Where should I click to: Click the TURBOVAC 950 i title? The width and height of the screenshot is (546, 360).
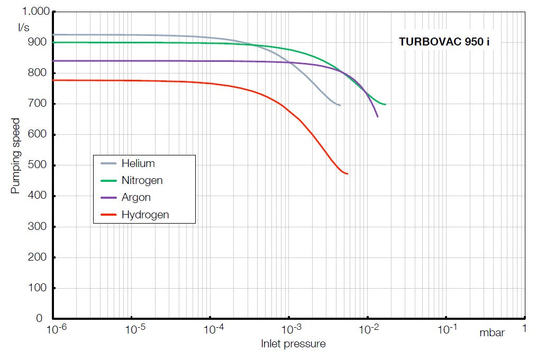click(x=444, y=42)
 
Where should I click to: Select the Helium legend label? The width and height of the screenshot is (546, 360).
click(x=138, y=163)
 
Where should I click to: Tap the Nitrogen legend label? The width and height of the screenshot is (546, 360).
click(x=142, y=180)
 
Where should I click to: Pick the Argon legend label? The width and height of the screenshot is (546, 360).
click(x=136, y=197)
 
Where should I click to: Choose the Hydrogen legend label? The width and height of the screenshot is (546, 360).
click(x=145, y=214)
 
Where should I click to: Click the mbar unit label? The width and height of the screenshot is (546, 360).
click(x=492, y=333)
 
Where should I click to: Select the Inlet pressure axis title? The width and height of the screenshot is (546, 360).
click(x=293, y=344)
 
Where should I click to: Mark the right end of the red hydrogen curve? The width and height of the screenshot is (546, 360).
click(x=347, y=173)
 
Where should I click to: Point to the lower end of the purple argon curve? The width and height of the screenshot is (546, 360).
click(x=377, y=116)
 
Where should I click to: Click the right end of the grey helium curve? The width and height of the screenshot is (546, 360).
click(x=340, y=105)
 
